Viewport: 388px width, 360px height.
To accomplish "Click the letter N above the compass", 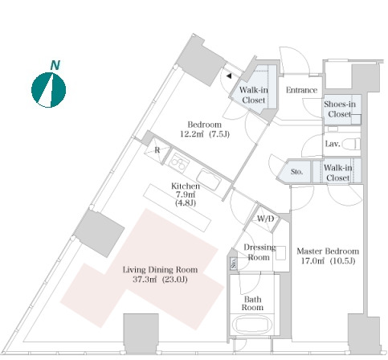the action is (55, 65).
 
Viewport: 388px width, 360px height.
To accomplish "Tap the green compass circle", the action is (48, 90).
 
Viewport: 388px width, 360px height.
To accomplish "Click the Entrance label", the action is (301, 90).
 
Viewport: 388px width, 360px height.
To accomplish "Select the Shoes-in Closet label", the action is (340, 109).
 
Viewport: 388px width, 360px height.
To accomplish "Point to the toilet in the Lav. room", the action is (352, 145).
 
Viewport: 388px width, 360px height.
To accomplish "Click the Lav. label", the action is (333, 144).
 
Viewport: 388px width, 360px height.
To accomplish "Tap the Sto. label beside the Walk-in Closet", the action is (297, 171).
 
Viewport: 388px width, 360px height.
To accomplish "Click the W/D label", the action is (265, 219).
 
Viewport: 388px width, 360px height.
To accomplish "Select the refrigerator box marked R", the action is (157, 150).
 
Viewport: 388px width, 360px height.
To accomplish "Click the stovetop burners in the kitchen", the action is (178, 162).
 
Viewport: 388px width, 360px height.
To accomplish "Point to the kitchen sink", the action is (209, 179).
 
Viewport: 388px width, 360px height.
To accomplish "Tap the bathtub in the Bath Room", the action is (252, 325).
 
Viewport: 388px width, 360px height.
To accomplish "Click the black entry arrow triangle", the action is (229, 76).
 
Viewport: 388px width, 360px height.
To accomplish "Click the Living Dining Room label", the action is (160, 269).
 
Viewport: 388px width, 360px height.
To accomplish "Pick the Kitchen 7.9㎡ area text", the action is (186, 194).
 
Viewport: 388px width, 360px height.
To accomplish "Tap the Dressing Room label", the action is (259, 252).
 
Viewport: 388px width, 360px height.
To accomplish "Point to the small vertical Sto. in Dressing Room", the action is (234, 263).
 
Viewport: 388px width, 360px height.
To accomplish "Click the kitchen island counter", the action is (178, 207).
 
